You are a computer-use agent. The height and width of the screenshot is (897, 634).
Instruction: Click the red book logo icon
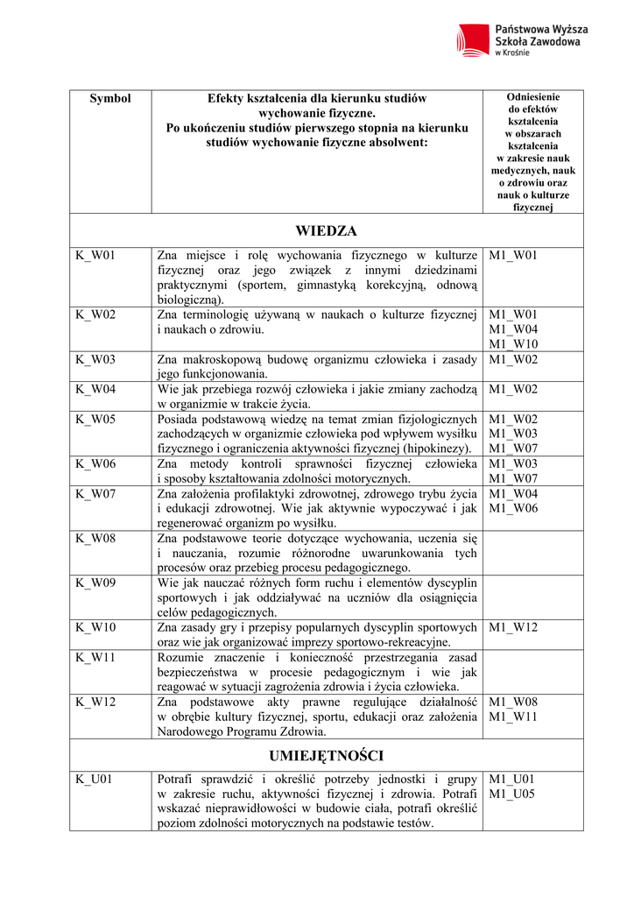(x=474, y=39)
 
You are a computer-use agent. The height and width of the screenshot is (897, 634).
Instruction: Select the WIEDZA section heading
(x=326, y=231)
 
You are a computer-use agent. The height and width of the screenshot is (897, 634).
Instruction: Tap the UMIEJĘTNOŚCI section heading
(x=326, y=755)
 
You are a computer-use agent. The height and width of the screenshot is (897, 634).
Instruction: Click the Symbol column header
(x=110, y=99)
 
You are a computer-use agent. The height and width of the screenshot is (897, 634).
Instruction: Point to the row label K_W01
(x=95, y=256)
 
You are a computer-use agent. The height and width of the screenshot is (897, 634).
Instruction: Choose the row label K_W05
(x=95, y=420)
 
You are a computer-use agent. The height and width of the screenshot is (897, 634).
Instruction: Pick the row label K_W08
(x=95, y=539)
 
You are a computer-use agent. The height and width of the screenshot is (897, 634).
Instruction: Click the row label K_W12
(x=95, y=702)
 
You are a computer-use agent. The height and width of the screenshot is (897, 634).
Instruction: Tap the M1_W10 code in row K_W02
(x=513, y=344)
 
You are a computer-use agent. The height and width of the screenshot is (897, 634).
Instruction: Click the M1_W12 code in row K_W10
(x=513, y=627)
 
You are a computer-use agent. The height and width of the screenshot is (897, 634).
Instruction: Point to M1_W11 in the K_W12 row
(x=513, y=717)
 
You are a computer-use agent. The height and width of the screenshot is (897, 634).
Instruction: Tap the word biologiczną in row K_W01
(x=190, y=300)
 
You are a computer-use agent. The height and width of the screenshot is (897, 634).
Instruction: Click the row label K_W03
(x=95, y=359)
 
